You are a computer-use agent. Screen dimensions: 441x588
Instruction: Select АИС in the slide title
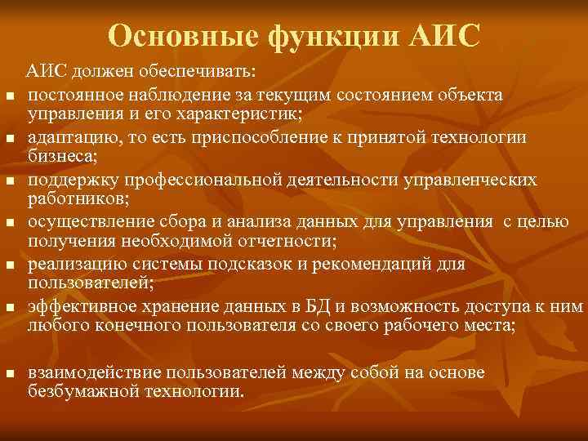pos(443,36)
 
